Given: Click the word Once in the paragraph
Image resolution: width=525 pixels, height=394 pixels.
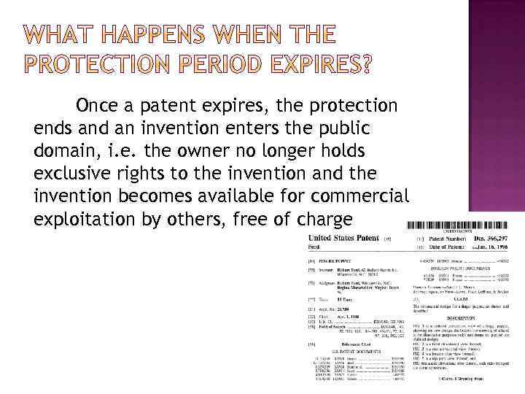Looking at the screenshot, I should [98, 106].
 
